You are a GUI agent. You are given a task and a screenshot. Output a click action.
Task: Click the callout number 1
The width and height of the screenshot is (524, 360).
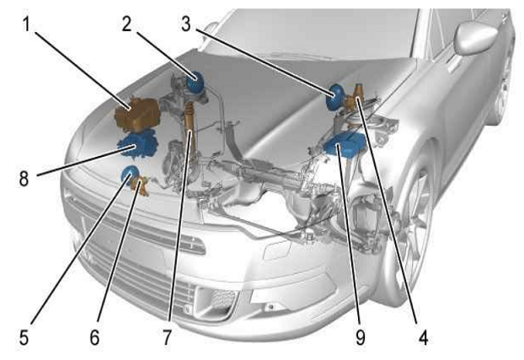[26, 24]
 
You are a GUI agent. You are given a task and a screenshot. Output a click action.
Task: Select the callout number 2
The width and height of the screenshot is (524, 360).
[126, 24]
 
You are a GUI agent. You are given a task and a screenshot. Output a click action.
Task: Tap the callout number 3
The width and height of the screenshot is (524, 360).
[186, 24]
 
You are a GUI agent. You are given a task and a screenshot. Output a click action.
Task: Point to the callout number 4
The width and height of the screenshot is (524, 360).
[423, 337]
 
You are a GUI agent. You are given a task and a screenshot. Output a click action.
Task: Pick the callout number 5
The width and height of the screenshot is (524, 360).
[24, 337]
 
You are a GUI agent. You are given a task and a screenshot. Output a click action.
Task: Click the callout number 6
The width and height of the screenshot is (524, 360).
[94, 337]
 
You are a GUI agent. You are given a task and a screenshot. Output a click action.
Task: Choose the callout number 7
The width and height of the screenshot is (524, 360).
[167, 337]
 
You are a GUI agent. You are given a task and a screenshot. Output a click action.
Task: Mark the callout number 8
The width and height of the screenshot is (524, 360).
[24, 179]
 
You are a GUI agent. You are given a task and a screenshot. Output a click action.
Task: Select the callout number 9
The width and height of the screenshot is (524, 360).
[360, 337]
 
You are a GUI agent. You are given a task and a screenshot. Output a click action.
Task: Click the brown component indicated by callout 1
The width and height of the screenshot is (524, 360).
[137, 114]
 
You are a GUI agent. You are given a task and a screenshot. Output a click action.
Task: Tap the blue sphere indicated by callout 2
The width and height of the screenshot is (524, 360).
[195, 83]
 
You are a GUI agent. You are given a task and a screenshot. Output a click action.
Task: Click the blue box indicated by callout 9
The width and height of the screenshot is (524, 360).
[345, 144]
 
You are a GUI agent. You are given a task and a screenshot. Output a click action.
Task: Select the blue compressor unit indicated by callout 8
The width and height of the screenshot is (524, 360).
[137, 144]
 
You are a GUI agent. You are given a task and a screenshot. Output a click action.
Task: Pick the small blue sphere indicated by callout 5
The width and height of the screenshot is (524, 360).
[130, 174]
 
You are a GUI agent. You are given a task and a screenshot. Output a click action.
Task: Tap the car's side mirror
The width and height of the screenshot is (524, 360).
[475, 37]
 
